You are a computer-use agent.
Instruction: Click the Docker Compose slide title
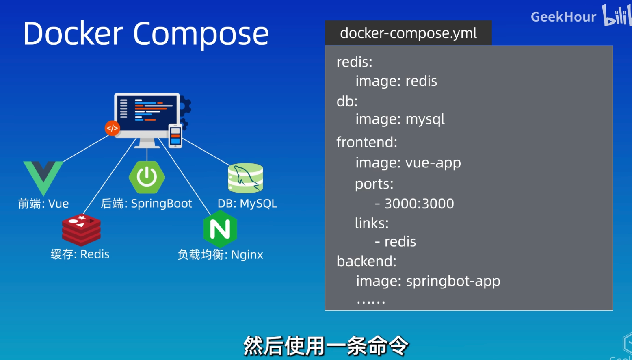[x=146, y=33]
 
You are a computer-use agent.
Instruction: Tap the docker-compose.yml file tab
[x=408, y=33]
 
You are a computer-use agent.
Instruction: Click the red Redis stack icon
[x=81, y=230]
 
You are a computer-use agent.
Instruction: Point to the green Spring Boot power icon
[x=147, y=177]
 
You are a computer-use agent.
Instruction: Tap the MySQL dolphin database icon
[x=245, y=178]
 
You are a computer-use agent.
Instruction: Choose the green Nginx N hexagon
[x=220, y=229]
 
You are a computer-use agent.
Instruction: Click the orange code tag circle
[x=112, y=128]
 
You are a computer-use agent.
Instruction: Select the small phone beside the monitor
[x=175, y=136]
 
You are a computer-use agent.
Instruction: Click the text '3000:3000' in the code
[x=419, y=204]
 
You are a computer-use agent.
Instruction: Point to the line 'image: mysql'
[x=400, y=119]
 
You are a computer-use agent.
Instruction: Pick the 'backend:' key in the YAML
[x=366, y=261]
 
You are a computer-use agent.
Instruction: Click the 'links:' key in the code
[x=372, y=223]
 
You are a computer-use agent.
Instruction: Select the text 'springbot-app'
[x=453, y=281]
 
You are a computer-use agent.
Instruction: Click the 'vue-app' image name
[x=433, y=163]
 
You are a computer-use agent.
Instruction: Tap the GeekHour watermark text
[x=563, y=17]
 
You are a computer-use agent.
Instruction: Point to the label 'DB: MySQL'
[x=247, y=204]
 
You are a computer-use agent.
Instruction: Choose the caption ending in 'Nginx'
[x=220, y=255]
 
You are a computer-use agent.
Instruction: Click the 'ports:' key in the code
[x=374, y=184]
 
